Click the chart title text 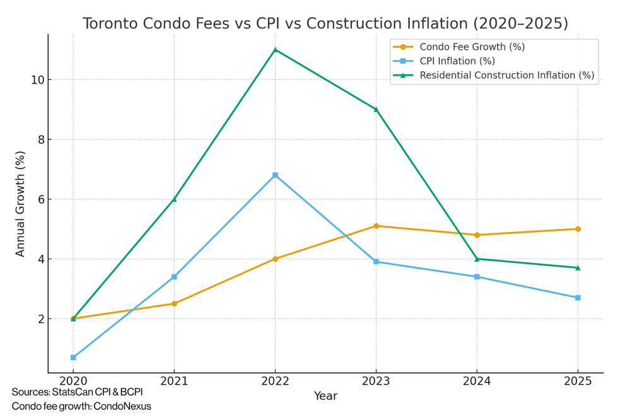pos(325,23)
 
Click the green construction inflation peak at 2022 pos(275,50)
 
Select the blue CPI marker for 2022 pos(275,175)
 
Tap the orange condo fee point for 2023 pos(376,226)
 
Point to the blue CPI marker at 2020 pos(73,358)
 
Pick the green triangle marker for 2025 pos(578,267)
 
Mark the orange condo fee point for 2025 pos(578,229)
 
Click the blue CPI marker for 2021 pos(174,277)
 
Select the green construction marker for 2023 pos(376,109)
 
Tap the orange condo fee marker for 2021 pos(174,303)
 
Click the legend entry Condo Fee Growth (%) pos(472,47)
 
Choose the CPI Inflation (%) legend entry pos(457,61)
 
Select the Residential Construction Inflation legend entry pos(506,76)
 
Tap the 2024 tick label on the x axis pos(477,381)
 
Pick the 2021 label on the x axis pos(174,381)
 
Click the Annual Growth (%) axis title pos(20,203)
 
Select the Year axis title pos(325,396)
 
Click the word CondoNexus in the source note pos(122,407)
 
